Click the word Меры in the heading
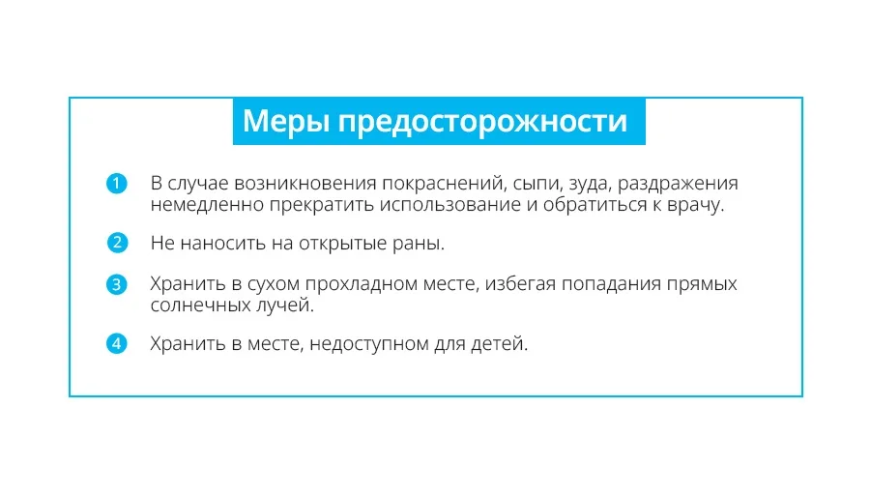286,121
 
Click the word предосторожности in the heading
482,123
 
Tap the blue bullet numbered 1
117,183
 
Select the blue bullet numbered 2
117,243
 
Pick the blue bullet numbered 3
117,284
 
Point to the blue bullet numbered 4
117,343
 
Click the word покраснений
445,184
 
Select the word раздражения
678,185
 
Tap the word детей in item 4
499,344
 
